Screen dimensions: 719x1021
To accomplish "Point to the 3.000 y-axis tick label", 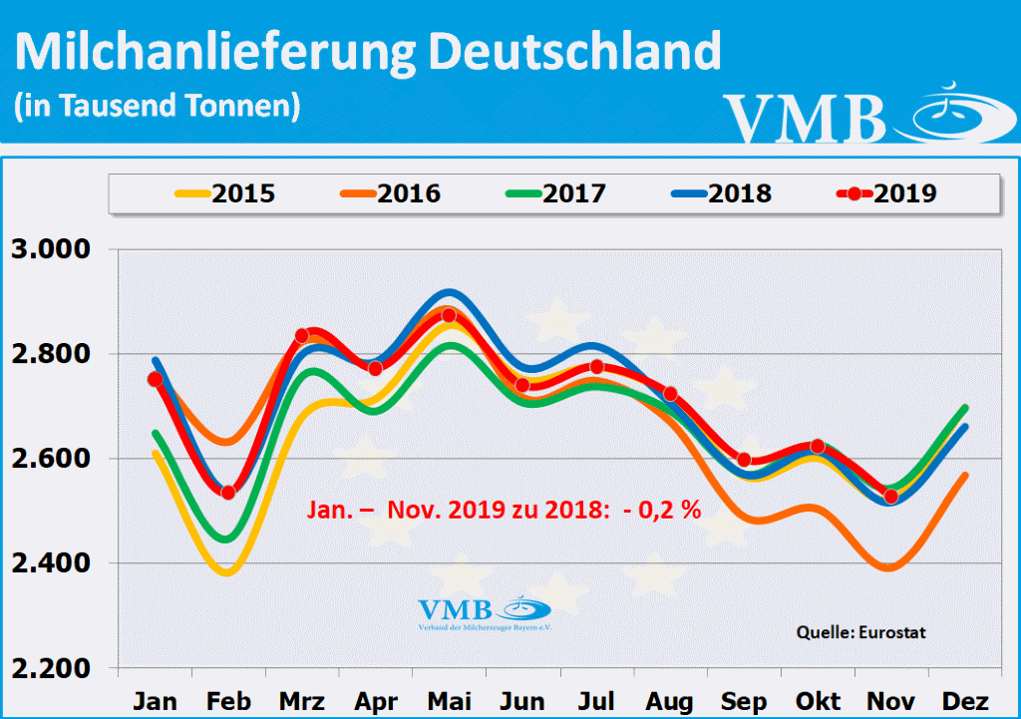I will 50,249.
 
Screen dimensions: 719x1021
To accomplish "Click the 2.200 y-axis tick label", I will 50,668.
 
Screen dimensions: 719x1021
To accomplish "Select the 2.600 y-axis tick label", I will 50,459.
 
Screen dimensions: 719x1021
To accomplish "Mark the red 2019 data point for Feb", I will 228,492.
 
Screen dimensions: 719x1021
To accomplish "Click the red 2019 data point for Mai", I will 449,315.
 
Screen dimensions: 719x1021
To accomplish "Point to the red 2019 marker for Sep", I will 744,460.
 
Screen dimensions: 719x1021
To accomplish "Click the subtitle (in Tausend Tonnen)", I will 158,105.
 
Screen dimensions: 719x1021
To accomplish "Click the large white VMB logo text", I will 805,119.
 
